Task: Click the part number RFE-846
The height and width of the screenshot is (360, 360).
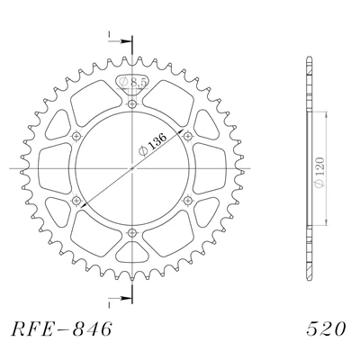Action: pos(61,328)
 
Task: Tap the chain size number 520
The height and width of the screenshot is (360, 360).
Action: pos(326,328)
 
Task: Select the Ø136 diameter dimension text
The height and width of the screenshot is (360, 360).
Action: pos(153,145)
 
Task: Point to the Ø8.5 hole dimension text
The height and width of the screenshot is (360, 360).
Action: pos(133,82)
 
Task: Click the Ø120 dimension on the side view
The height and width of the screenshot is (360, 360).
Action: pos(319,172)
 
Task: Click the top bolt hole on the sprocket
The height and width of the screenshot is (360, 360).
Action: pos(132,104)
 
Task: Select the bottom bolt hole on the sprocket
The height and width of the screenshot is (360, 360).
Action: pos(132,232)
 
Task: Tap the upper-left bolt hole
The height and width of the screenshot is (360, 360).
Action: pos(76,137)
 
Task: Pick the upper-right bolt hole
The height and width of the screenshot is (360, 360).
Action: pos(187,137)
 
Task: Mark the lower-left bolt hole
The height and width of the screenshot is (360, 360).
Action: pos(76,200)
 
